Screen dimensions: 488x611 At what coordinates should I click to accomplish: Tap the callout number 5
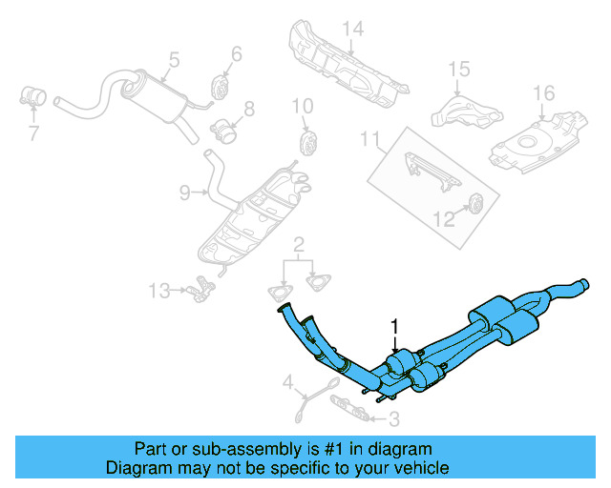click(x=172, y=60)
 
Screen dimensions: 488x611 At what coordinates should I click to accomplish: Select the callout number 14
click(x=353, y=29)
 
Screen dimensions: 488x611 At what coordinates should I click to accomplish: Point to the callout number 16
click(x=543, y=92)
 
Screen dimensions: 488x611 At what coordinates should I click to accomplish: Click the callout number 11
click(x=369, y=140)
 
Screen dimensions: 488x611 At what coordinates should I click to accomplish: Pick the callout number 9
click(x=185, y=193)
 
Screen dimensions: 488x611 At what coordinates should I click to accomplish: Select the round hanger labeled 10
click(x=308, y=144)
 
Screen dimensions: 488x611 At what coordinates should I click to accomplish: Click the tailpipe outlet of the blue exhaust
click(x=582, y=283)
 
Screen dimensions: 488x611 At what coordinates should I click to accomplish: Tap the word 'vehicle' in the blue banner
click(x=417, y=468)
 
